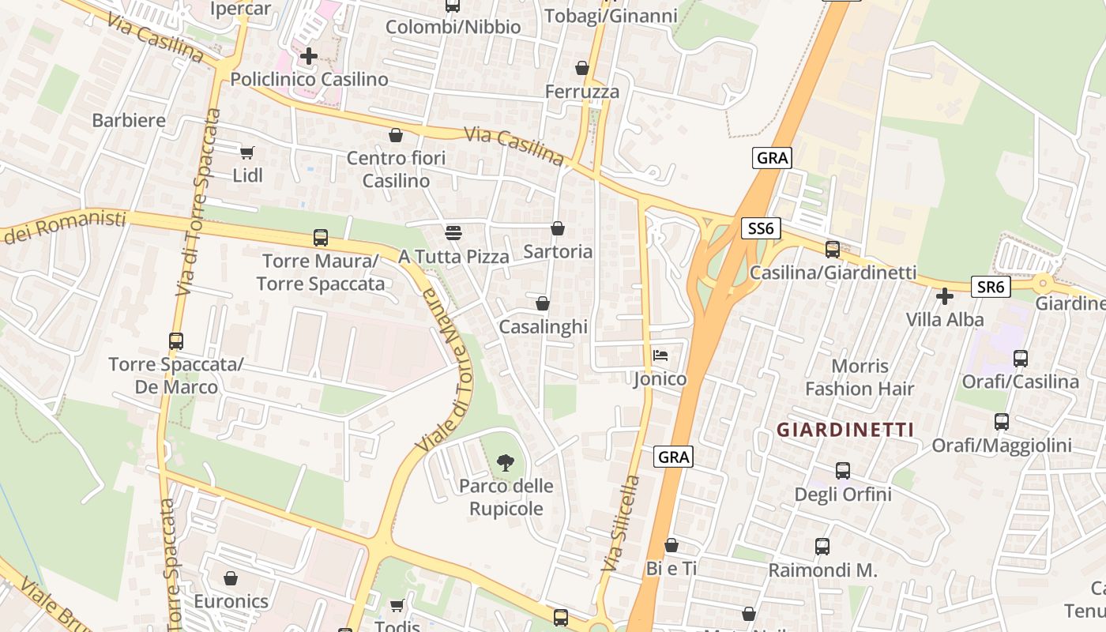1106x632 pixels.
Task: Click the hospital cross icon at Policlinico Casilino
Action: [x=309, y=56]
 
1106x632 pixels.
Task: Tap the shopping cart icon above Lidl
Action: [x=247, y=152]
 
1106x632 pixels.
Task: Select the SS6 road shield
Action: [x=762, y=229]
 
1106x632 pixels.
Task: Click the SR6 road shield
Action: [x=991, y=287]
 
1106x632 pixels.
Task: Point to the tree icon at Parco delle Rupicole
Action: [x=506, y=463]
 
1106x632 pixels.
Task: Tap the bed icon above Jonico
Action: [x=660, y=355]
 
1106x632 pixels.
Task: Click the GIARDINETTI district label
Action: [x=845, y=430]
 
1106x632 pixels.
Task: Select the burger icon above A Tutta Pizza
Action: [x=453, y=233]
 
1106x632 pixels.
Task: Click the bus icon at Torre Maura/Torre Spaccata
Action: [x=321, y=237]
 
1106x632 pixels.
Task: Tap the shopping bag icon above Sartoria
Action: [x=558, y=228]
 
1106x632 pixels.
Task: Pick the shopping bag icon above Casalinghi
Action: [x=543, y=303]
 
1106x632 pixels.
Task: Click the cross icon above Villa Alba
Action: [x=944, y=296]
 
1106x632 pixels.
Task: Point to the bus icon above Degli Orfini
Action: [x=843, y=471]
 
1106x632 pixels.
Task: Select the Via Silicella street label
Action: [x=620, y=523]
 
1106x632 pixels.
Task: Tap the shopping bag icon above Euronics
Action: [x=231, y=578]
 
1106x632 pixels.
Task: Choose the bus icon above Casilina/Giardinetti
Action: [x=833, y=250]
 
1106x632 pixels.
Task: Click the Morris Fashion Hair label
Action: [x=860, y=378]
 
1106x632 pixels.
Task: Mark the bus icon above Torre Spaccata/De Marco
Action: [x=176, y=341]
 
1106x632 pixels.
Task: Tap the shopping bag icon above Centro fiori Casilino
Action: [x=396, y=135]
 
